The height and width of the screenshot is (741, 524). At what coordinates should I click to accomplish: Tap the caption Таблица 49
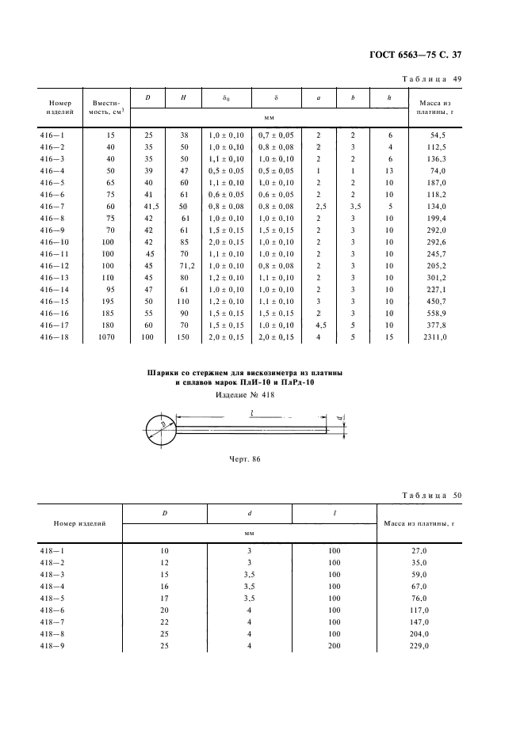click(x=433, y=79)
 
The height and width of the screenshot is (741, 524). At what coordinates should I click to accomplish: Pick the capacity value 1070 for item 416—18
click(x=105, y=337)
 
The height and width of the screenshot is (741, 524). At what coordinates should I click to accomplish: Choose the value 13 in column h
click(x=390, y=169)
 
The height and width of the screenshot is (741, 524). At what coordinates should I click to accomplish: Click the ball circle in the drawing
click(x=161, y=431)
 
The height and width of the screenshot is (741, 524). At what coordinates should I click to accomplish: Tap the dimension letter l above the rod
click(x=251, y=413)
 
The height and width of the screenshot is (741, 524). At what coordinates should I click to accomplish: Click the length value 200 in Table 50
click(x=334, y=647)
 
